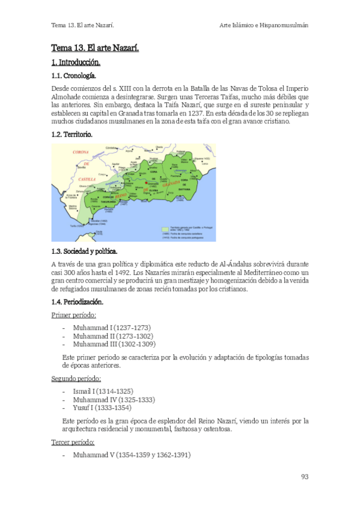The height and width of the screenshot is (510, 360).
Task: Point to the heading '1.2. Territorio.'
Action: (72, 135)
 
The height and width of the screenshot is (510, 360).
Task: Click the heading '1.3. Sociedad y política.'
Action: (84, 251)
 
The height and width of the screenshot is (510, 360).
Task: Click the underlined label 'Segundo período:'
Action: (76, 378)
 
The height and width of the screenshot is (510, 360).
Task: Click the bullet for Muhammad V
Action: (131, 455)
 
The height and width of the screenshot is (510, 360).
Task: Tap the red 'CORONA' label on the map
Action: (81, 153)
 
